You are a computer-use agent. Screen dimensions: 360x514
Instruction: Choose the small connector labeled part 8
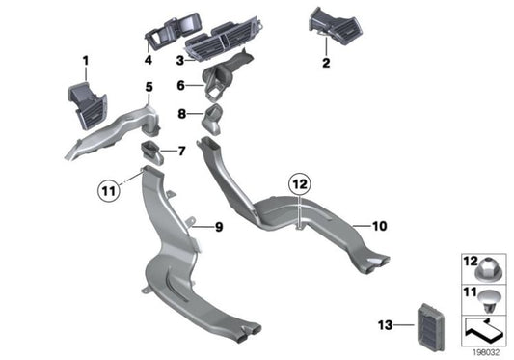[212, 121]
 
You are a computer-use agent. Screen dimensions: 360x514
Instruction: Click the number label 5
[149, 88]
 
